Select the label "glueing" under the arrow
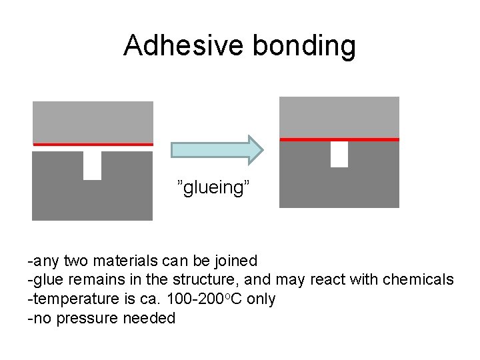213,187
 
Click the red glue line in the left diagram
93,144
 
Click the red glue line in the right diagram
339,139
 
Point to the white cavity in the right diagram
339,154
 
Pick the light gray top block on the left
93,122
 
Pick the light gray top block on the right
339,117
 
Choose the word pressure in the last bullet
87,318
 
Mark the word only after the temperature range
261,299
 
